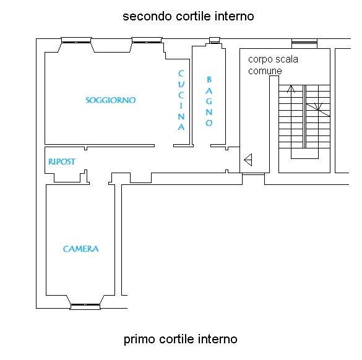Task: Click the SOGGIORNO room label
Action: pos(111,100)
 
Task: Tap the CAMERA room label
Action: pos(81,249)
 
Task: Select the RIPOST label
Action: pos(62,161)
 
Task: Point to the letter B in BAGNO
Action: pos(209,80)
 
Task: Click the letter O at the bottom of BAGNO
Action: pos(209,122)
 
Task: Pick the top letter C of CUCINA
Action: pos(181,74)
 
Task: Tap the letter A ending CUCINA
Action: pos(181,127)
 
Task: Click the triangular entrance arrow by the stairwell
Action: pos(248,160)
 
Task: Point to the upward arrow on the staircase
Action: pos(291,89)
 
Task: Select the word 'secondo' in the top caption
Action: pos(147,16)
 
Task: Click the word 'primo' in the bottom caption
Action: pos(139,340)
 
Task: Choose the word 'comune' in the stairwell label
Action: pos(265,71)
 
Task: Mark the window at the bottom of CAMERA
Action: pos(85,306)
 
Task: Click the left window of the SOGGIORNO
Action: pos(76,40)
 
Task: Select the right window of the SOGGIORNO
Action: pos(147,40)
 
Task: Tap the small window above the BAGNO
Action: pos(215,40)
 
